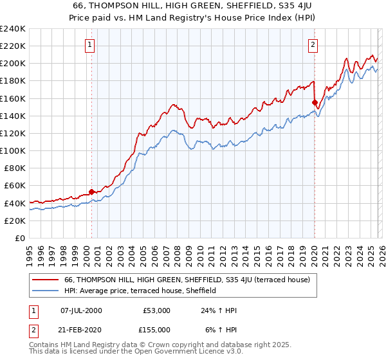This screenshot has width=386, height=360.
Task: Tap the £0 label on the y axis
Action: (19, 238)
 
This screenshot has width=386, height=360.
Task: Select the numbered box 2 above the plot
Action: (313, 44)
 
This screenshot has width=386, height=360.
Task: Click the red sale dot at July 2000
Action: (91, 192)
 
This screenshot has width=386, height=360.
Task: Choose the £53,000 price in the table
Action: (156, 310)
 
